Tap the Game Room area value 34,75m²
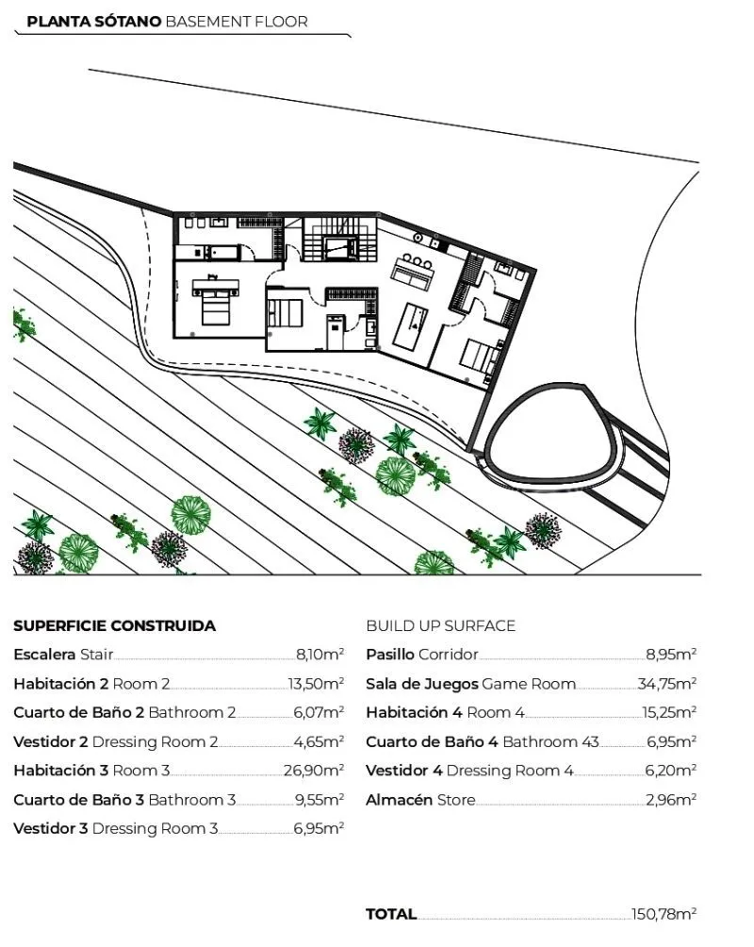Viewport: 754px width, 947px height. pyautogui.click(x=666, y=683)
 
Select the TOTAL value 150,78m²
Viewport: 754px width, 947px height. pyautogui.click(x=664, y=914)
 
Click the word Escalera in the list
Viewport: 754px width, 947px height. pyautogui.click(x=44, y=654)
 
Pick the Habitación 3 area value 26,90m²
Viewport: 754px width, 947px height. pyautogui.click(x=314, y=770)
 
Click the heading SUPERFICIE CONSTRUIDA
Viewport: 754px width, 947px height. pyautogui.click(x=115, y=625)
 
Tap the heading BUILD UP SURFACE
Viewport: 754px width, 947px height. pyautogui.click(x=441, y=625)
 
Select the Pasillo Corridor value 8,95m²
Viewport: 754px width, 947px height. pyautogui.click(x=671, y=654)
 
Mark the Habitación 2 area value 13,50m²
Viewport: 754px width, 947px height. pyautogui.click(x=316, y=683)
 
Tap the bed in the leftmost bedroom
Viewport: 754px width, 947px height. pyautogui.click(x=216, y=300)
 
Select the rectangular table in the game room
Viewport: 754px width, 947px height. pyautogui.click(x=411, y=326)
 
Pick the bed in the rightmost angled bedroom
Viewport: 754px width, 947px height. pyautogui.click(x=481, y=357)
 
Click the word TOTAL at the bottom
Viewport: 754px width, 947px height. pyautogui.click(x=391, y=914)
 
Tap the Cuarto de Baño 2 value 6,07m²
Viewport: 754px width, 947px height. pyautogui.click(x=319, y=712)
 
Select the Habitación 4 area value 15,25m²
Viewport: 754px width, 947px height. pyautogui.click(x=669, y=712)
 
